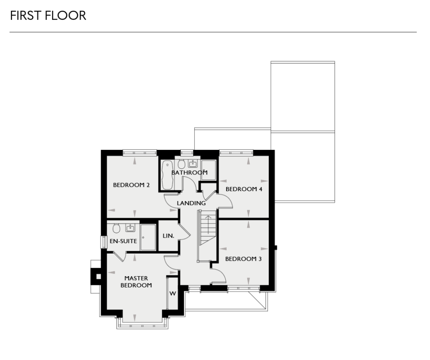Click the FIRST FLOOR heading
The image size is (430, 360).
point(48,16)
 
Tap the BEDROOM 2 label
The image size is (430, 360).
point(131,186)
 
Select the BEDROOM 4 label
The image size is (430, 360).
point(244,189)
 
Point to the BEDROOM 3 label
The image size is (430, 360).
point(243,259)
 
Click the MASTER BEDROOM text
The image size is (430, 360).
point(136,282)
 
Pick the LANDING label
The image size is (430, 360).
point(191,203)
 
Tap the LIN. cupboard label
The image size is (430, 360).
point(168,236)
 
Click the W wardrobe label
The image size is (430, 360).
point(173,294)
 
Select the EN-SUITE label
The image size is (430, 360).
point(123,241)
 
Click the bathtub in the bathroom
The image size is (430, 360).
point(167,174)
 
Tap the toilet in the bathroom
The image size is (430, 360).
point(181,164)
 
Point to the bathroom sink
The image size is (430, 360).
point(193,164)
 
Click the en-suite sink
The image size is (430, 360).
point(130,228)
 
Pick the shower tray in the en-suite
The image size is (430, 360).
point(148,237)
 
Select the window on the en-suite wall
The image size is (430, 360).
point(103,241)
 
